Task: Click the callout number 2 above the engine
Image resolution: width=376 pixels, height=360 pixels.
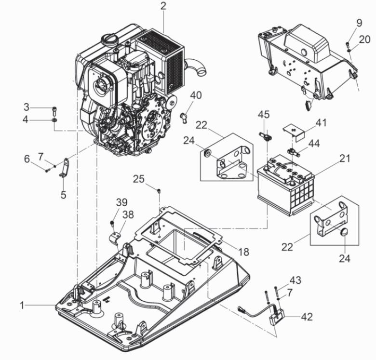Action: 163,6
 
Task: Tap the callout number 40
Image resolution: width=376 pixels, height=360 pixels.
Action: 196,95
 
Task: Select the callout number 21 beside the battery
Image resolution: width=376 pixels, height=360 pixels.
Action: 345,159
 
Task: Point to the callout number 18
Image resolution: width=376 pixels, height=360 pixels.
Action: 243,252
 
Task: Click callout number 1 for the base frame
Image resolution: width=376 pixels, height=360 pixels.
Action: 22,306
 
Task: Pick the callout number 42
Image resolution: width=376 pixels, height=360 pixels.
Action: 307,317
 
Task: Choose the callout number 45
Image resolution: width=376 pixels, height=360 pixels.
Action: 264,115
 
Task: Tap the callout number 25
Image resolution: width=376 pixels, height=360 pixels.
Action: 139,179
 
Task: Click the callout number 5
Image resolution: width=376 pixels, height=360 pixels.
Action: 63,195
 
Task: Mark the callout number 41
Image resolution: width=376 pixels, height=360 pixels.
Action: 321,123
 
